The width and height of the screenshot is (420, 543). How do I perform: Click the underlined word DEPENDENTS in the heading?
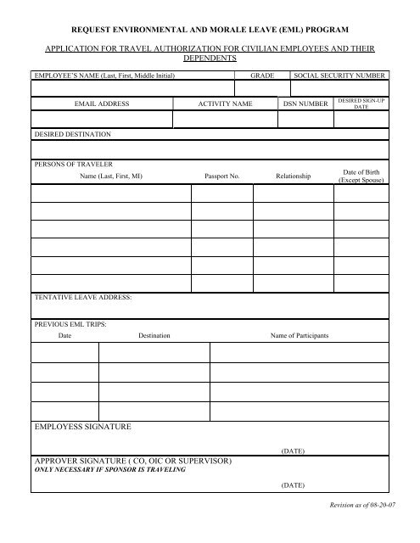tap(210, 62)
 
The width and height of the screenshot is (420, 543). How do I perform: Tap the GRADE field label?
tap(263, 76)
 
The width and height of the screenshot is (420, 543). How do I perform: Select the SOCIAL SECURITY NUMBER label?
tap(339, 76)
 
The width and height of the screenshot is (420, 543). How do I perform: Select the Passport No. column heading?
tap(222, 176)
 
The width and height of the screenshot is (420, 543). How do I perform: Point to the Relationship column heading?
tap(294, 176)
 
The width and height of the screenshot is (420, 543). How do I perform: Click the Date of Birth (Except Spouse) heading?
tap(361, 176)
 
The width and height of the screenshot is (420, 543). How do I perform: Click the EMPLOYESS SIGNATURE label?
tap(83, 424)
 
